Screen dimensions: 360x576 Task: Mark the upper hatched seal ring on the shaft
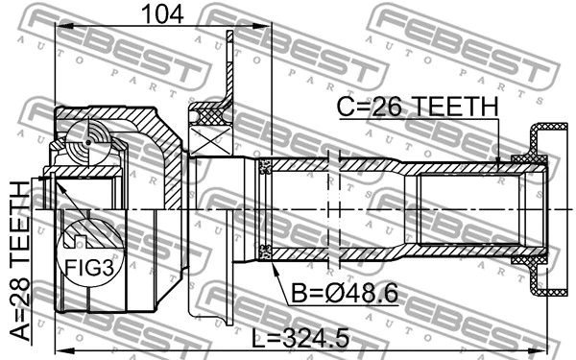click(267, 168)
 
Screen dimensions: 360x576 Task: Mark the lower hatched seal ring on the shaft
click(267, 252)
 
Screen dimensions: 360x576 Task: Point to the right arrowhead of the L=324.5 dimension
click(552, 348)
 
